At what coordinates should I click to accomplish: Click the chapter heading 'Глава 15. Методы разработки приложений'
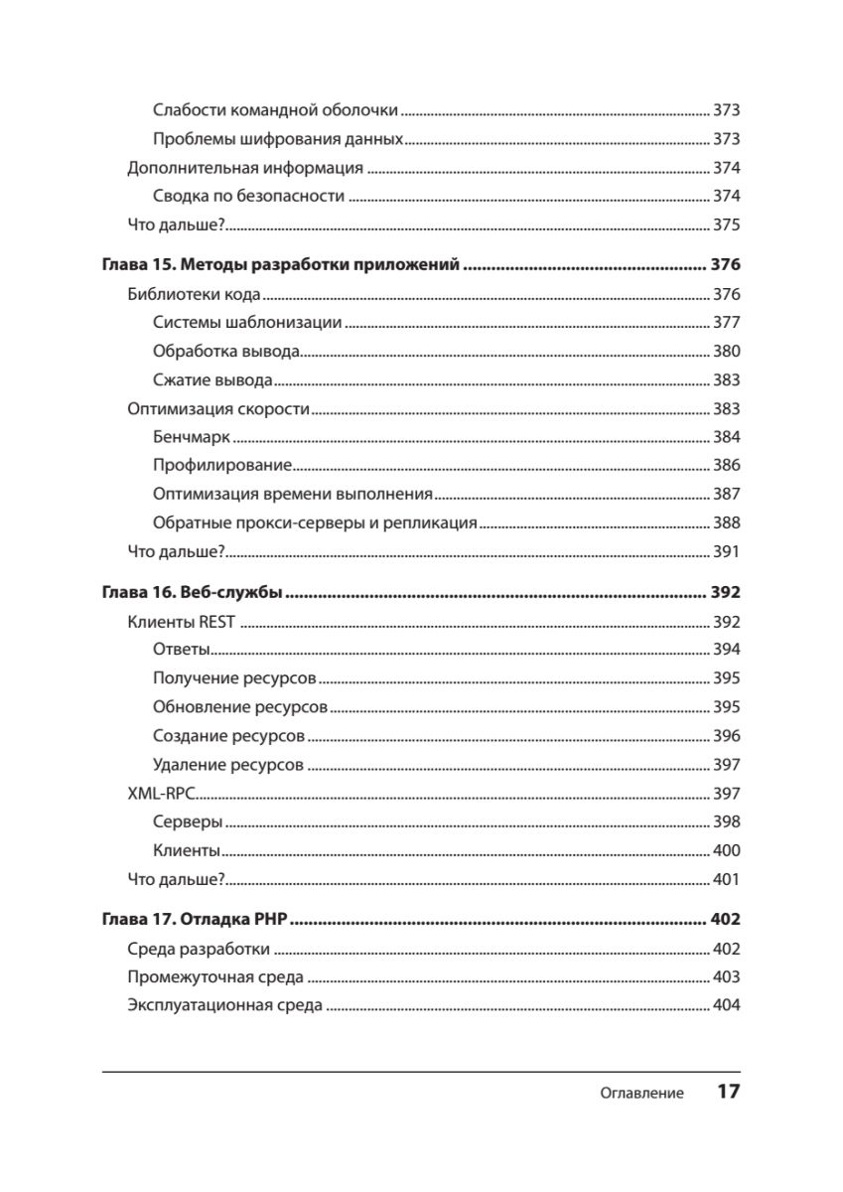click(x=281, y=265)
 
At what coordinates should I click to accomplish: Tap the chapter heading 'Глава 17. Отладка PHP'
click(x=195, y=920)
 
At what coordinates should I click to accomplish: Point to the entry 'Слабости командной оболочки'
click(x=275, y=110)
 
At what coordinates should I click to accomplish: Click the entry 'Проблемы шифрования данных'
click(x=278, y=139)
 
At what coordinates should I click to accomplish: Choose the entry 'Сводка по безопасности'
click(x=248, y=196)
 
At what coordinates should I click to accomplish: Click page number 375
click(x=726, y=224)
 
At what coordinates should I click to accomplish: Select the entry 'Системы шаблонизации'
click(x=247, y=322)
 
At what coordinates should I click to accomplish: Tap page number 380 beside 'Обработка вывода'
click(x=726, y=351)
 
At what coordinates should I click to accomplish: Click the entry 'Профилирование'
click(x=222, y=465)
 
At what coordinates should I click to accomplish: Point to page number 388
click(x=726, y=522)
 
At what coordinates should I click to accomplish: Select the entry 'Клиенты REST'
click(x=182, y=623)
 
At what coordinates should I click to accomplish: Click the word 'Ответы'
click(x=181, y=651)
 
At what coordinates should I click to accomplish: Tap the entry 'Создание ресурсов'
click(x=228, y=737)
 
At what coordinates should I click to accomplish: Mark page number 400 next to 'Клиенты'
click(x=726, y=851)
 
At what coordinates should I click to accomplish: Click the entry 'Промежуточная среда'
click(x=215, y=977)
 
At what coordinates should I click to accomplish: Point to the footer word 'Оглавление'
click(x=641, y=1094)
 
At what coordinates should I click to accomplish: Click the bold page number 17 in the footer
click(x=728, y=1092)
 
